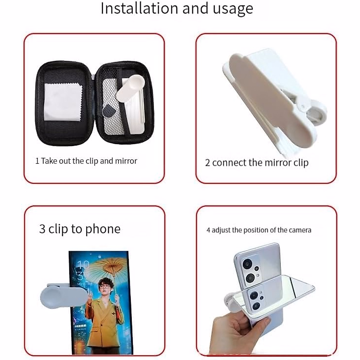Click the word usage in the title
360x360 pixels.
pyautogui.click(x=233, y=9)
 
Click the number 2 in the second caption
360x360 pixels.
pyautogui.click(x=207, y=163)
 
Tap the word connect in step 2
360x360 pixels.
pyautogui.click(x=229, y=163)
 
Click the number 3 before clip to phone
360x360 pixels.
pyautogui.click(x=42, y=229)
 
